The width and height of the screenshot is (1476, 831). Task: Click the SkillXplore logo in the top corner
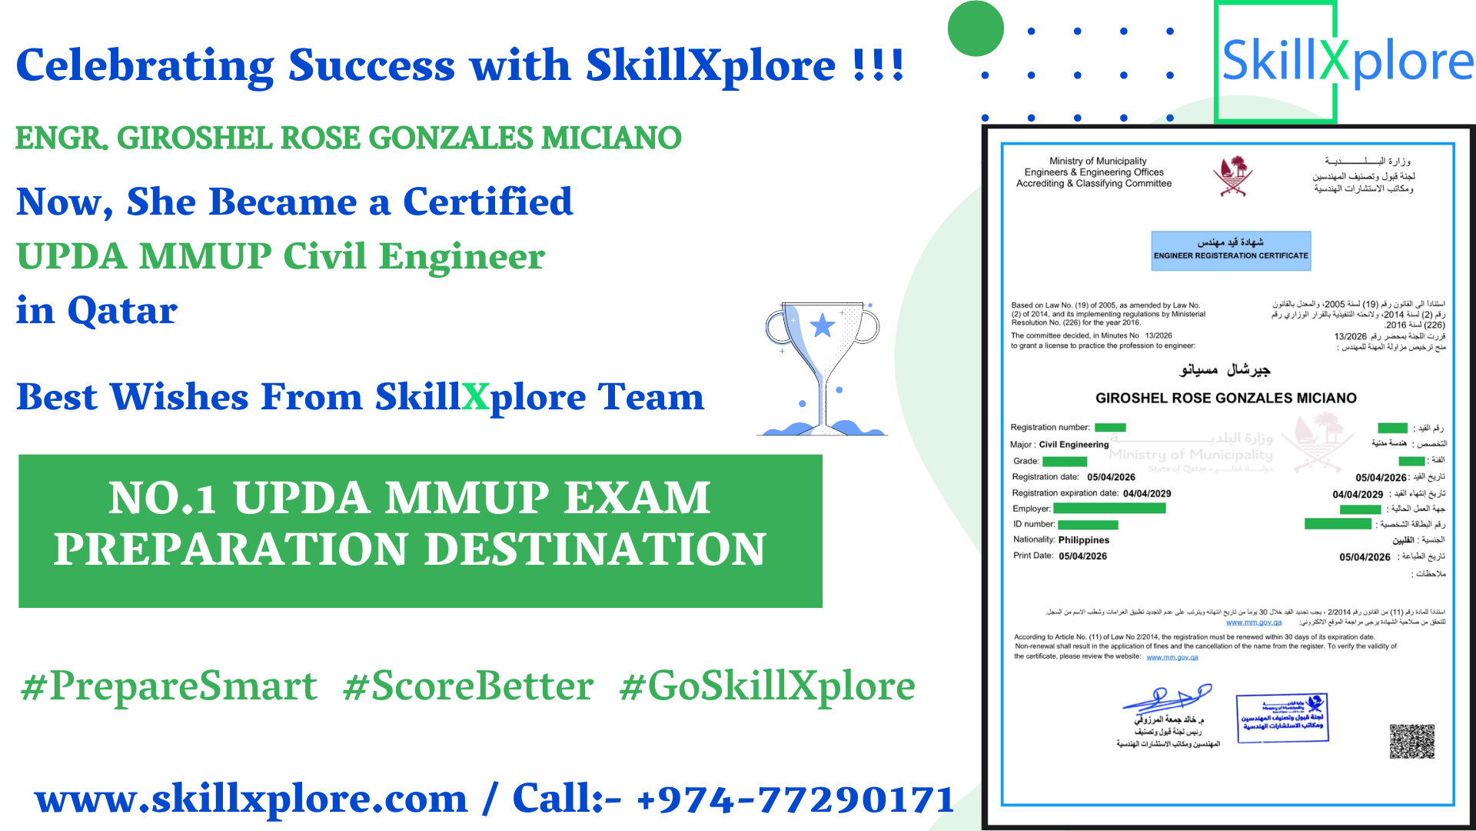click(1345, 62)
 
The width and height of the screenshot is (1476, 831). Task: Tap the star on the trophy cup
click(823, 325)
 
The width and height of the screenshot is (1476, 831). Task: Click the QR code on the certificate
click(1411, 741)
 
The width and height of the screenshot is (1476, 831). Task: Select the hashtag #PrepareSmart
click(169, 686)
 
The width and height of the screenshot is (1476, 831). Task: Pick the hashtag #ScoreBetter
click(468, 686)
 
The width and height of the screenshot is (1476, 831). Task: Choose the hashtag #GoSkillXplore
click(767, 686)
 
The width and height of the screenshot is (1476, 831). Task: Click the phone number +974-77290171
click(795, 799)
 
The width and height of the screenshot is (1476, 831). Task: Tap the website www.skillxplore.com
click(251, 799)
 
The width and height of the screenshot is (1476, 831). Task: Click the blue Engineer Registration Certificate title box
click(1230, 250)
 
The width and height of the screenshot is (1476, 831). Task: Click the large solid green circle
click(976, 29)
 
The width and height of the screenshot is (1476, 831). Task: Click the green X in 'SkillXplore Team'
click(475, 397)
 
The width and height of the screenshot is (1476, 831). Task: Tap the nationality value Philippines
click(1083, 540)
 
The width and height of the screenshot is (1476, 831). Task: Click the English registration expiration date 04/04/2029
click(1147, 494)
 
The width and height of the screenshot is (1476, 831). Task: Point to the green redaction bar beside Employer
click(1109, 509)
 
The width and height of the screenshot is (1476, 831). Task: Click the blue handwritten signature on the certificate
click(1167, 698)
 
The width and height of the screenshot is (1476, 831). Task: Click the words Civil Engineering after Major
click(1073, 445)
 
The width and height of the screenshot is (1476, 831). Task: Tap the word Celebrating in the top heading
click(145, 65)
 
